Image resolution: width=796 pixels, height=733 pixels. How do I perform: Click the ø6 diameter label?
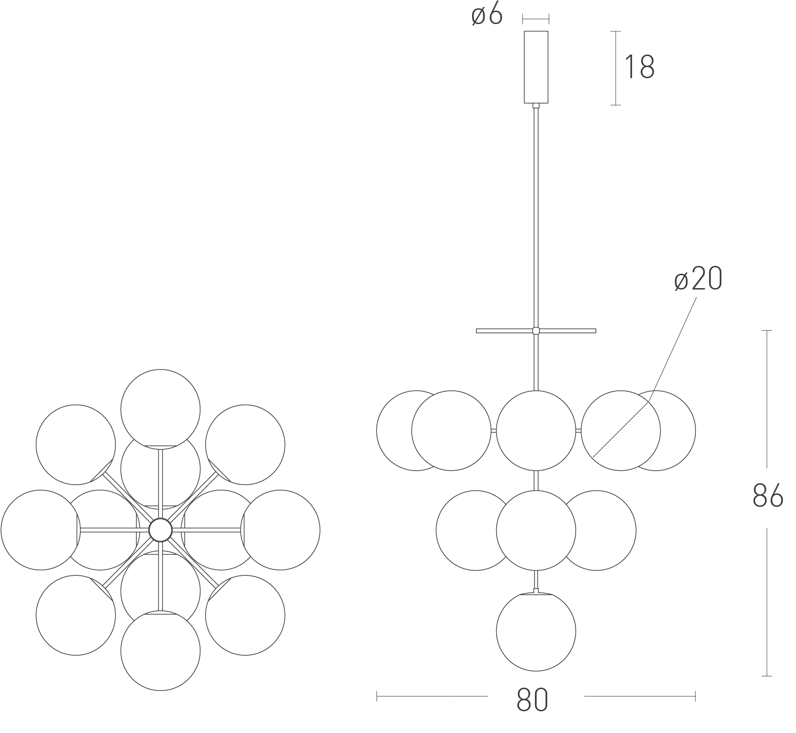(487, 16)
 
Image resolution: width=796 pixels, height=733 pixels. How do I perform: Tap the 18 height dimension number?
(639, 67)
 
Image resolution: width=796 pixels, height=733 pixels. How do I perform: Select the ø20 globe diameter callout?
(698, 280)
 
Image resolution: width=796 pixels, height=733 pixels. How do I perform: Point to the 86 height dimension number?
(768, 496)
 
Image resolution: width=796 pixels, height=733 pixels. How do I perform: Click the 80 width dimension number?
(532, 700)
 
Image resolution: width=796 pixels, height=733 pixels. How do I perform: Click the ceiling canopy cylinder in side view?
(536, 67)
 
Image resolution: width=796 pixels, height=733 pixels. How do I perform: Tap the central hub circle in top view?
(160, 530)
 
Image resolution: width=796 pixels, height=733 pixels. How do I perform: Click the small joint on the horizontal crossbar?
(536, 331)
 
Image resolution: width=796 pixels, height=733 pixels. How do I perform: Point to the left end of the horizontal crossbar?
(476, 331)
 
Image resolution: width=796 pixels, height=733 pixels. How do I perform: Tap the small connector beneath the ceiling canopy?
(536, 105)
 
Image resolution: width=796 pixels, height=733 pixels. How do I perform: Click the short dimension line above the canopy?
(536, 19)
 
